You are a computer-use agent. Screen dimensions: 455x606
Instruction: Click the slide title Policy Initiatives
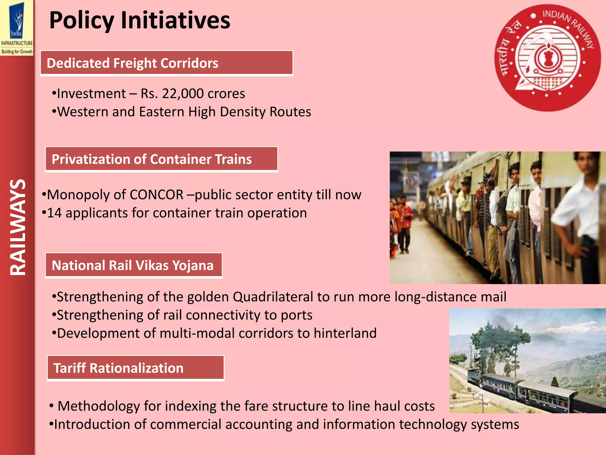pyautogui.click(x=139, y=20)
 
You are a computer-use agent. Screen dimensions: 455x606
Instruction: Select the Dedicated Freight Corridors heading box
pyautogui.click(x=166, y=63)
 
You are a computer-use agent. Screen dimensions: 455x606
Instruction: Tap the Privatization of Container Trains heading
pyautogui.click(x=161, y=159)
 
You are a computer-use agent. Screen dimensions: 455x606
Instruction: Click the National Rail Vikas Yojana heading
pyautogui.click(x=133, y=265)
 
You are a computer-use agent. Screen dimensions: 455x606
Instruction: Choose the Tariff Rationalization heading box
pyautogui.click(x=136, y=368)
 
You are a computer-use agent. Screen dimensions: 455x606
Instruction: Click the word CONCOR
pyautogui.click(x=157, y=195)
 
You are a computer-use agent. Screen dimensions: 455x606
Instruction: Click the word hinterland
pyautogui.click(x=345, y=333)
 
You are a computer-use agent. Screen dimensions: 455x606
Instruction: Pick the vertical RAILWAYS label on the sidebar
pyautogui.click(x=18, y=227)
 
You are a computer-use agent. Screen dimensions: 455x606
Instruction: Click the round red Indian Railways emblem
pyautogui.click(x=547, y=58)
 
